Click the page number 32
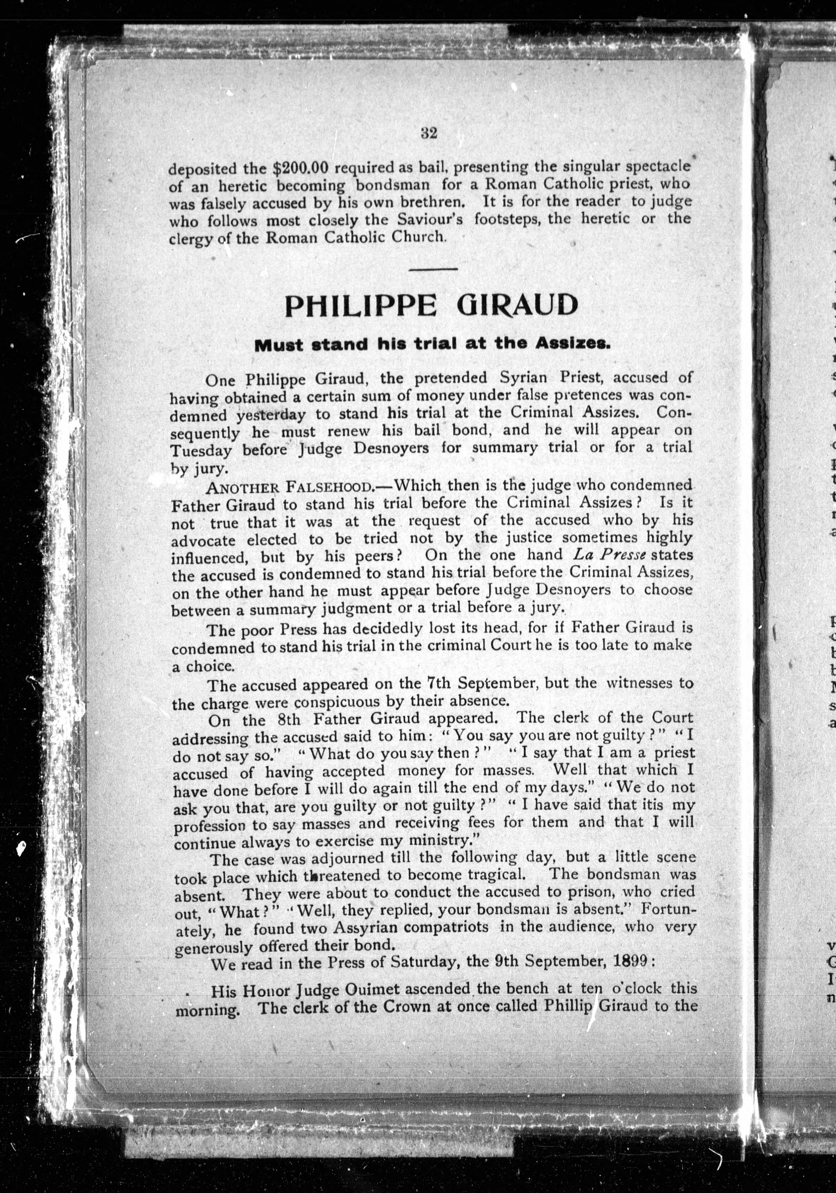pyautogui.click(x=429, y=133)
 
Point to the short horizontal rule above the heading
pyautogui.click(x=433, y=268)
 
